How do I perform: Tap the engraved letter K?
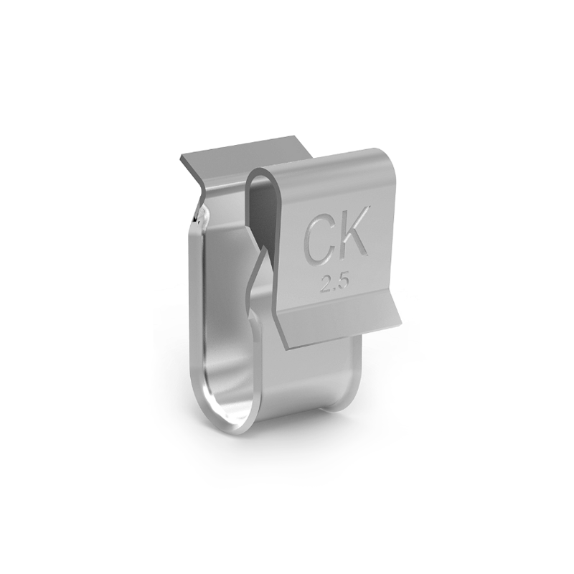(355, 231)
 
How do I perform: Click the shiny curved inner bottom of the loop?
(230, 402)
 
